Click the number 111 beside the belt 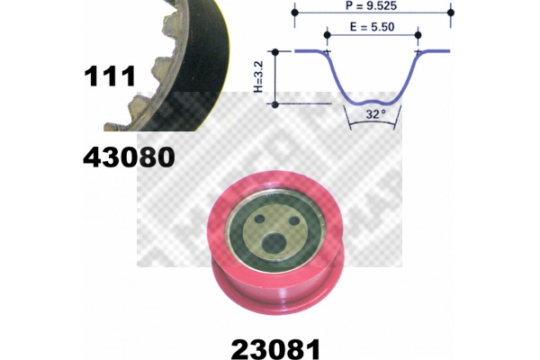pyautogui.click(x=109, y=76)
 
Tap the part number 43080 pyautogui.click(x=128, y=157)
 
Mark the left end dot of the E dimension pyautogui.click(x=328, y=35)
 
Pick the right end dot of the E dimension pyautogui.click(x=417, y=35)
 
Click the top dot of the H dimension pyautogui.click(x=274, y=52)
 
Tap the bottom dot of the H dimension pyautogui.click(x=274, y=103)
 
